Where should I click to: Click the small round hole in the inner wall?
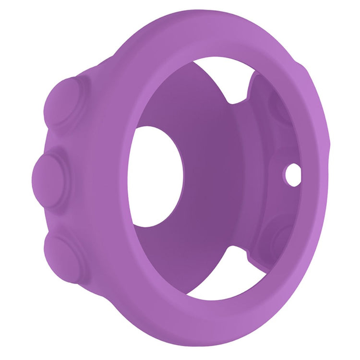[292, 172]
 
